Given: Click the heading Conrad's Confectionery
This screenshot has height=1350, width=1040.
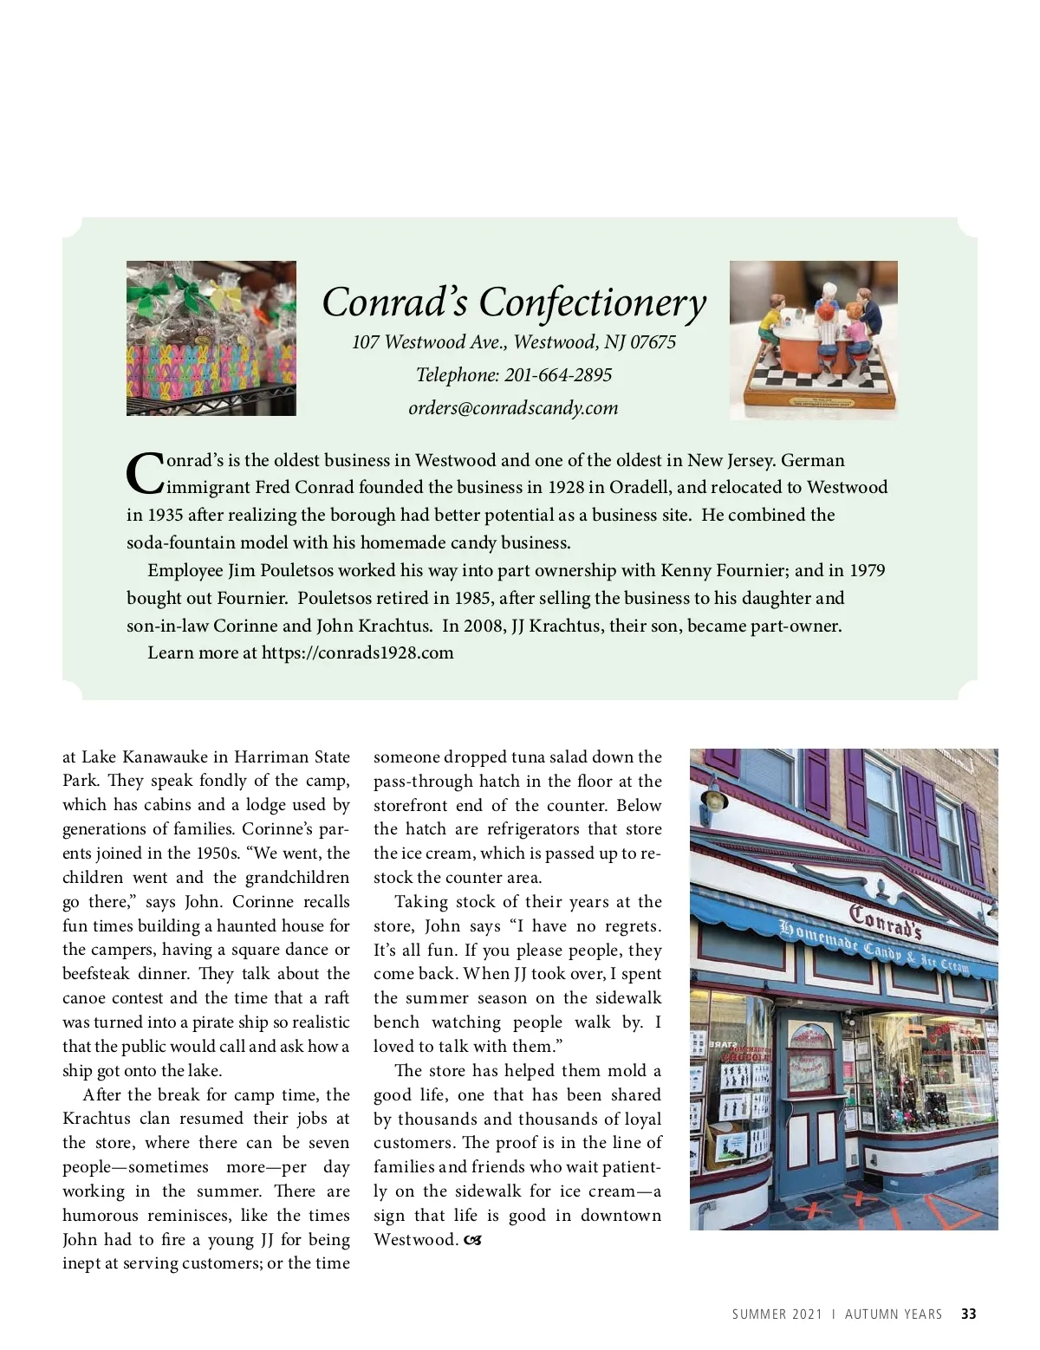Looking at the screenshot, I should [514, 302].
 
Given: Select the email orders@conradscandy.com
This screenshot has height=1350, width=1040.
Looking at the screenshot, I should [513, 408].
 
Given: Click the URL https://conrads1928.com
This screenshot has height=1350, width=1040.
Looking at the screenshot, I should [357, 653].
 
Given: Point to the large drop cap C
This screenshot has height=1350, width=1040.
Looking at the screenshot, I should [144, 471].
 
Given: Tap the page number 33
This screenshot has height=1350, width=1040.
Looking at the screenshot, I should [968, 1314].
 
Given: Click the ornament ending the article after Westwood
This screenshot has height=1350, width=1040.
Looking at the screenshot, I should [472, 1240].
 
